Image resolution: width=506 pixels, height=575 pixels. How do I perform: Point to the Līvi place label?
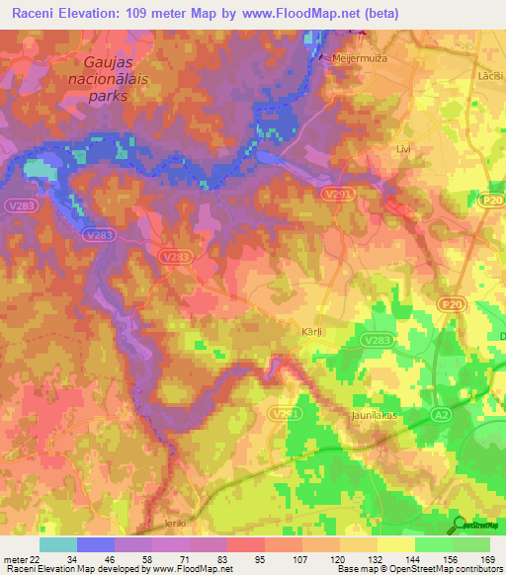coord(403,148)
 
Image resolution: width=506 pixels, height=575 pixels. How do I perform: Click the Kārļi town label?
coord(312,333)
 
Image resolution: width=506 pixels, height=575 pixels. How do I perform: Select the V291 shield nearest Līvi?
coord(333,197)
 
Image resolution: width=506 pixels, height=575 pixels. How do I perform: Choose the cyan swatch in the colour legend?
coord(58,544)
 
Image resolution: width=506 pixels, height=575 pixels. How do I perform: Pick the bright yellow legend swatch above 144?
coord(396,544)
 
